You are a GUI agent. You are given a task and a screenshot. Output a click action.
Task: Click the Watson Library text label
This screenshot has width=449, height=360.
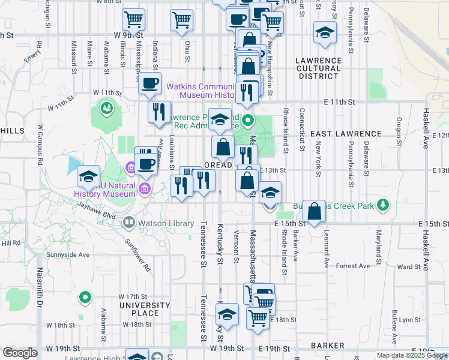(166, 224)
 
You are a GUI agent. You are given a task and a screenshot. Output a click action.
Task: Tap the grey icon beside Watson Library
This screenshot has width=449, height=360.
(129, 223)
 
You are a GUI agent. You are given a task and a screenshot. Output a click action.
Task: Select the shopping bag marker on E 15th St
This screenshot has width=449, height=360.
(314, 211)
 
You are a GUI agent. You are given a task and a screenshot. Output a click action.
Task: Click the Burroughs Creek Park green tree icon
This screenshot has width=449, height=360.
(382, 206)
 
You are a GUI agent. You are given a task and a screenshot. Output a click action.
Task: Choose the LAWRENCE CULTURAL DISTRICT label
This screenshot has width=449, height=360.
(318, 68)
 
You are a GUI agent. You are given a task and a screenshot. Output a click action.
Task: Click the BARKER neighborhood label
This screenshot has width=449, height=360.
(328, 346)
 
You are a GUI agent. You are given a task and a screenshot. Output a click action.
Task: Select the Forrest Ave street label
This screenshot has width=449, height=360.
(353, 266)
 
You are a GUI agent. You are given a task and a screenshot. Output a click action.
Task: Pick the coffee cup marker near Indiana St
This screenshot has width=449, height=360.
(149, 83)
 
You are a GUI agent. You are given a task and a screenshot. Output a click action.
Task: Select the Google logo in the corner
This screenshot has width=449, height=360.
(20, 353)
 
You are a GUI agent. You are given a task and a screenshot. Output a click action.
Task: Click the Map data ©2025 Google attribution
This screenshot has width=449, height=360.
(412, 355)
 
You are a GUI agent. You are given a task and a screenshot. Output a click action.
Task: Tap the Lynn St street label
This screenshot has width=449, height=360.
(409, 320)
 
